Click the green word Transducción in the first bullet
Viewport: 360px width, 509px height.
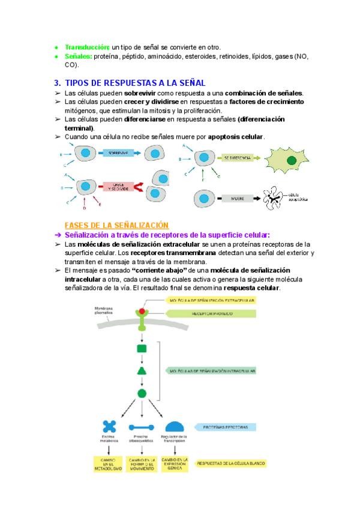[86, 47]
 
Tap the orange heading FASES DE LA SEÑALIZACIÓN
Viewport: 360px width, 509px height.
[116, 224]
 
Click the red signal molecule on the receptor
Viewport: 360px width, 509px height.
[142, 312]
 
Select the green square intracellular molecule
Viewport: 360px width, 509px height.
[142, 348]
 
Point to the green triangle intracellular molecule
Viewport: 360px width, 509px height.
[142, 370]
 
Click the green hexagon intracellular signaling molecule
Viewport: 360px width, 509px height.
[142, 394]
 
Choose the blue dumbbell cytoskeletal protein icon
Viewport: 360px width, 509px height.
[142, 427]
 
